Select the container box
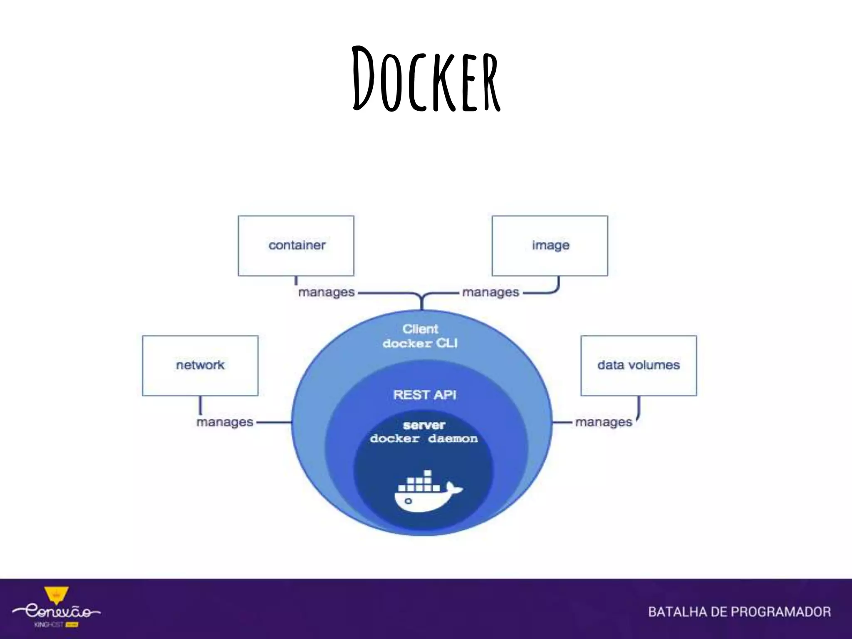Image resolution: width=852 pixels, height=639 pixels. tap(296, 245)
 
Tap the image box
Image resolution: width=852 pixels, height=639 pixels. tap(550, 245)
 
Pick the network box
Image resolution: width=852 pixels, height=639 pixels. tap(200, 365)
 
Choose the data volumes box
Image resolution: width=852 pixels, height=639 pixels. tap(639, 365)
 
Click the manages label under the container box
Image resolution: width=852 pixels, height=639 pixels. tap(326, 292)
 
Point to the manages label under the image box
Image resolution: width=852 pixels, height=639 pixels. tap(490, 292)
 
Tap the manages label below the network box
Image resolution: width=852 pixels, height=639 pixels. tap(225, 422)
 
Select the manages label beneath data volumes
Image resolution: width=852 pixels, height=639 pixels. tap(604, 422)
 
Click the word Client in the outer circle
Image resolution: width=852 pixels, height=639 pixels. tap(420, 329)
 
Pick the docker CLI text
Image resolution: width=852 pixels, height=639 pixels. tap(420, 344)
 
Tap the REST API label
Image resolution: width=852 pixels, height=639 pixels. tap(424, 394)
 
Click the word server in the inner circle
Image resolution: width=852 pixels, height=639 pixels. tap(424, 425)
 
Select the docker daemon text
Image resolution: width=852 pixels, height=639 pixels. tap(424, 439)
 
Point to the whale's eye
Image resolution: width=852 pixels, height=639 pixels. tap(408, 501)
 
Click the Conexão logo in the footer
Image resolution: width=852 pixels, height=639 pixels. tap(56, 612)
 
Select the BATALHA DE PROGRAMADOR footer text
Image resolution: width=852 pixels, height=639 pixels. tap(739, 612)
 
